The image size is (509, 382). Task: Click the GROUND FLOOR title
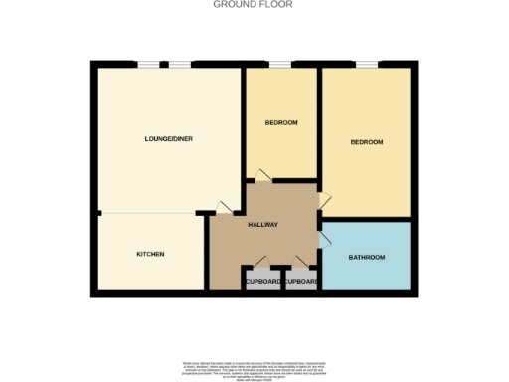[x=254, y=5]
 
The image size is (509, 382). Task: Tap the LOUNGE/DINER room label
[x=168, y=138]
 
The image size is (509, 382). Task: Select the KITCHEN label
[x=150, y=255]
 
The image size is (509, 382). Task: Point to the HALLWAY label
[x=262, y=225]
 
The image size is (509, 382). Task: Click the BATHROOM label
[x=366, y=258]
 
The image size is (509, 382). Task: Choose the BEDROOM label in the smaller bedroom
[x=281, y=122]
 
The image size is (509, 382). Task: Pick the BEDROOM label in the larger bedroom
[x=366, y=142]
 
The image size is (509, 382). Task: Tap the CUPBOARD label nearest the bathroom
[x=300, y=282]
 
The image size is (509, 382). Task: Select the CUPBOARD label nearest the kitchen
[x=262, y=282]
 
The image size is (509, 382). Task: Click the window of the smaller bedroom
[x=280, y=65]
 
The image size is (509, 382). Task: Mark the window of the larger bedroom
[x=366, y=65]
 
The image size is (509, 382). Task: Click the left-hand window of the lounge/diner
[x=149, y=65]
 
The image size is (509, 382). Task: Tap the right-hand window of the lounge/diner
[x=180, y=65]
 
